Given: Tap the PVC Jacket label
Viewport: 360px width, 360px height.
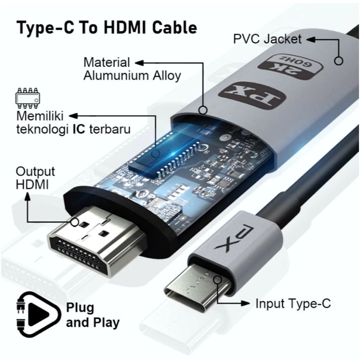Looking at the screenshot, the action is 267,38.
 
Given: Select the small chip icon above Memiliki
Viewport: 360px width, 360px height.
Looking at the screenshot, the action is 28,98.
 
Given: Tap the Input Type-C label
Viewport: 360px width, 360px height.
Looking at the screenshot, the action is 293,303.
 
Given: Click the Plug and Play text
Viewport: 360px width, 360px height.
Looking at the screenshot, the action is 93,315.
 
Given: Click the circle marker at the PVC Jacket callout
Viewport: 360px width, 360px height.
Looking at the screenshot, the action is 339,60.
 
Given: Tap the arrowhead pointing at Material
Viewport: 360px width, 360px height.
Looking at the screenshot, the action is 139,63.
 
